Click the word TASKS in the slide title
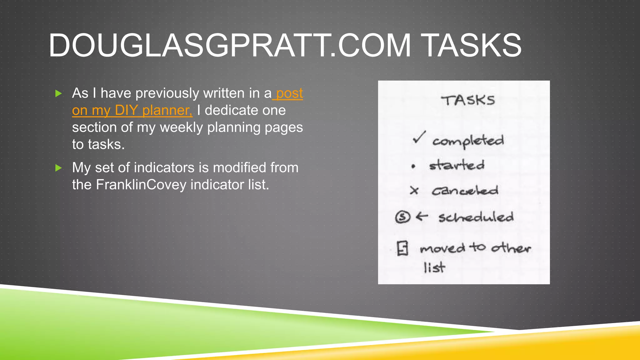(x=472, y=46)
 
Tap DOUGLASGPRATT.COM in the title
(x=229, y=46)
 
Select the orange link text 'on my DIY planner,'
(x=132, y=110)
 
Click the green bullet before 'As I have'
(x=58, y=93)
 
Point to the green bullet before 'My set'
(x=58, y=168)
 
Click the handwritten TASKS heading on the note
(x=468, y=101)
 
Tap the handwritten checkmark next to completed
(x=419, y=137)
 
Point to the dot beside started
(x=413, y=167)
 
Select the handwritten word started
(x=457, y=165)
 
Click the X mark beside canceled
(x=414, y=190)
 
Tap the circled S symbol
(x=402, y=217)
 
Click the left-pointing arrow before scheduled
(x=422, y=216)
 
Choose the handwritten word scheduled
(x=476, y=217)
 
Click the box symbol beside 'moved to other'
(x=402, y=248)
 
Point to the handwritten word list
(x=434, y=267)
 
